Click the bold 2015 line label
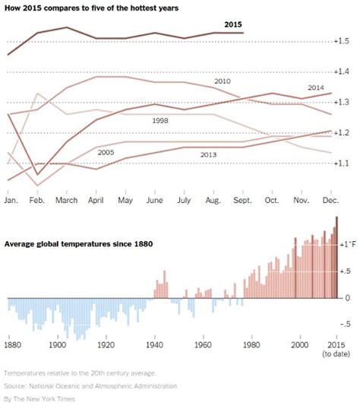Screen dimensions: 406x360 pos(233,24)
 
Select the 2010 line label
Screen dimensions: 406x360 pos(223,81)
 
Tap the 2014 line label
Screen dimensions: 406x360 pos(316,87)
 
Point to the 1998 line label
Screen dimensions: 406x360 pos(159,119)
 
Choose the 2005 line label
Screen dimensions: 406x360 pos(106,152)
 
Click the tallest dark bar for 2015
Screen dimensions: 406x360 pos(337,259)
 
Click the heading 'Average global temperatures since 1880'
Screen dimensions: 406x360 pos(79,243)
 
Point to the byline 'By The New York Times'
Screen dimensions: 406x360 pos(44,398)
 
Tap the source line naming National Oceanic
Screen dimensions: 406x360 pos(90,385)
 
